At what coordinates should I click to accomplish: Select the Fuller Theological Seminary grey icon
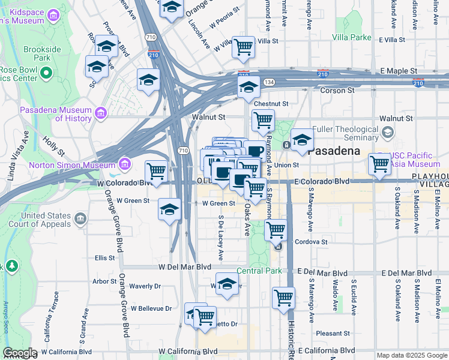pos(388,132)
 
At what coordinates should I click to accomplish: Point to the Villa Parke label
pos(352,37)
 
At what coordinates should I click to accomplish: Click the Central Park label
pos(259,271)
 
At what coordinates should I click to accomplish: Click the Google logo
pos(20,353)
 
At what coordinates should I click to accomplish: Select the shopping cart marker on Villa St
pos(243,46)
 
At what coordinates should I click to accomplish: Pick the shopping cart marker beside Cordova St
pos(276,229)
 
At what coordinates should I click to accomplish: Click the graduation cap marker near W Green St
pos(170,209)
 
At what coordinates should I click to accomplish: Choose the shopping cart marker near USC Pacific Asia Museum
pos(379,163)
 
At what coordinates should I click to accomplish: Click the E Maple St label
pos(399,71)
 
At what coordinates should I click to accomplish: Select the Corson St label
pos(337,91)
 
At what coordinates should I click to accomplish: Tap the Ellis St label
pos(104,258)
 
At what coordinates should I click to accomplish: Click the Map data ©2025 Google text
pos(412,355)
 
